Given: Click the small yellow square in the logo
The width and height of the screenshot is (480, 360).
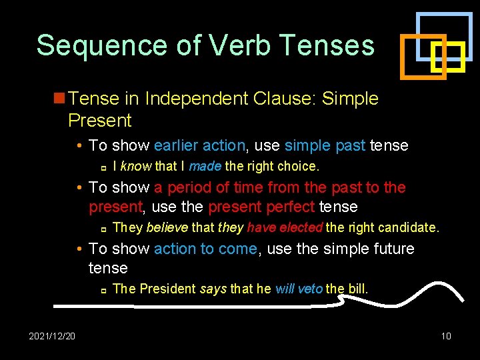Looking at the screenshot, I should (x=447, y=57).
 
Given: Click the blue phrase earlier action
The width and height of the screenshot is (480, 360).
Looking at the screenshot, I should (x=200, y=145).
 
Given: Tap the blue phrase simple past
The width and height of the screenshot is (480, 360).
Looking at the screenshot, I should (x=325, y=145).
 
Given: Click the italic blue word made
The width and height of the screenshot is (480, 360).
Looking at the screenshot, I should (x=205, y=165).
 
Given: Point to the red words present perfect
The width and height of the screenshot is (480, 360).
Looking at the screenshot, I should (x=262, y=207).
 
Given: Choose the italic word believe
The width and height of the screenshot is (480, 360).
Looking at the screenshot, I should (x=167, y=227).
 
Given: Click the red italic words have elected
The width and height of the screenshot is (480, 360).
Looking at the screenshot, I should (x=285, y=227).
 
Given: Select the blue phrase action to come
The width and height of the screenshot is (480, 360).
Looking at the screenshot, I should (x=205, y=249).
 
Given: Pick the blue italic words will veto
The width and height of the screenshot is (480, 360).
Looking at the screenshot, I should (x=299, y=289).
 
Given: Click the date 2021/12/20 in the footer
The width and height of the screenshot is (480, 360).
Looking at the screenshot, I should (x=52, y=335).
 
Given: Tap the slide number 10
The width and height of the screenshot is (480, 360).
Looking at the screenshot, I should (x=446, y=335).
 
